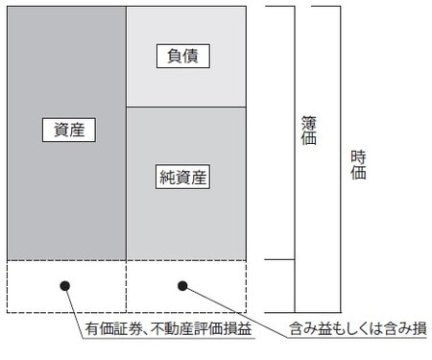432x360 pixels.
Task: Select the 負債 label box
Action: [x=182, y=56]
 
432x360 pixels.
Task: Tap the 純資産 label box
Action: [x=182, y=176]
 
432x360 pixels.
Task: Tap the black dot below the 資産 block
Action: [x=65, y=285]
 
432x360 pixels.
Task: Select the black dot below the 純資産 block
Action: [x=182, y=285]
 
